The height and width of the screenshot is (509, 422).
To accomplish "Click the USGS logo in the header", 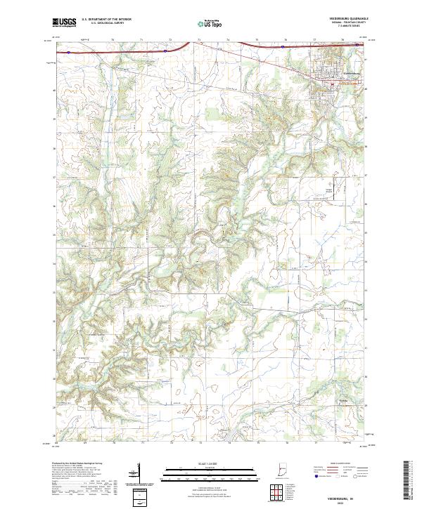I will (x=64, y=23).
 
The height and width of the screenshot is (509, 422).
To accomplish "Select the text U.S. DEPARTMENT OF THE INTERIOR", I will (x=111, y=19).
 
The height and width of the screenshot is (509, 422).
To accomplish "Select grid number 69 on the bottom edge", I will (x=84, y=443).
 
